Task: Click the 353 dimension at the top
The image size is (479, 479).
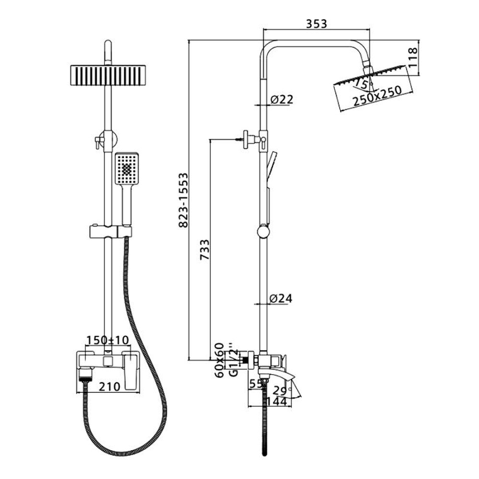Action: (x=317, y=24)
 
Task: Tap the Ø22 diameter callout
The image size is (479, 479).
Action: (x=282, y=99)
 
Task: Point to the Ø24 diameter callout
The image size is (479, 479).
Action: (x=281, y=298)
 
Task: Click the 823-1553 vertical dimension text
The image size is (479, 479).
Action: (x=183, y=200)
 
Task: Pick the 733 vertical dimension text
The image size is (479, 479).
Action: (x=205, y=250)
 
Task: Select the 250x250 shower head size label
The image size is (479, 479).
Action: (x=377, y=96)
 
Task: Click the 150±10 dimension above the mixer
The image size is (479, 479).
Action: (x=108, y=340)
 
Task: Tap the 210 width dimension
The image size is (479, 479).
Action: (x=110, y=387)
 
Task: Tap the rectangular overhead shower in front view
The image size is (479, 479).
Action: (x=108, y=75)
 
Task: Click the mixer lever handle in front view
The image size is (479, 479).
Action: (x=130, y=371)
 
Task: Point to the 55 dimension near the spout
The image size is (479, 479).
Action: (x=256, y=384)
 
